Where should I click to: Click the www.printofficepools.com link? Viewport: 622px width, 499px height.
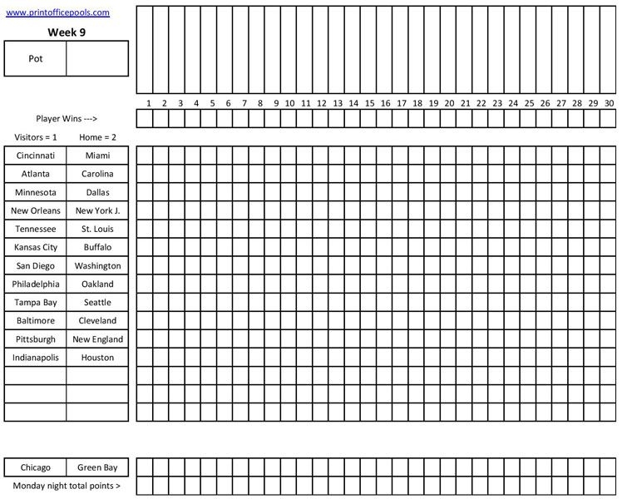58,12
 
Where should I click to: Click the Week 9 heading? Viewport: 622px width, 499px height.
67,32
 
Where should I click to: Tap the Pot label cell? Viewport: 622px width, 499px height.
35,59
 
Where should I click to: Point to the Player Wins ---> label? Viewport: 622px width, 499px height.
67,119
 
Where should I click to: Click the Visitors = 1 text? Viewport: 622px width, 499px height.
36,137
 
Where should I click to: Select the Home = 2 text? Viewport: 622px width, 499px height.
97,137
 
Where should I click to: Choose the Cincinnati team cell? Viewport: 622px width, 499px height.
35,156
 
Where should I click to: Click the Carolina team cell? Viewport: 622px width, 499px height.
97,174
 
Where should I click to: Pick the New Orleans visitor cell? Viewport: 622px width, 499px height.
35,210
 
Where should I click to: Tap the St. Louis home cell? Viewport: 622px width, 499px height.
97,229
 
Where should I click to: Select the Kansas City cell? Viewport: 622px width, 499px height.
35,247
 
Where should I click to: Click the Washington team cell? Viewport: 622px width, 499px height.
97,266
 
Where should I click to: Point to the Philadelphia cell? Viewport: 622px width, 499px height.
35,284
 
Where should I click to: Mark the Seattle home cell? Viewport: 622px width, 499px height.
97,303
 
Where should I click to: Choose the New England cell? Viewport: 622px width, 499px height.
97,339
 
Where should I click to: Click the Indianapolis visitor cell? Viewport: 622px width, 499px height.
35,358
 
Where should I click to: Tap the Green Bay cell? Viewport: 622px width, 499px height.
97,467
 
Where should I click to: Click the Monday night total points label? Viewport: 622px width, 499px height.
67,486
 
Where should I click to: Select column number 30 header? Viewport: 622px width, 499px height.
609,103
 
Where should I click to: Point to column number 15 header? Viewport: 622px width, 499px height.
369,103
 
